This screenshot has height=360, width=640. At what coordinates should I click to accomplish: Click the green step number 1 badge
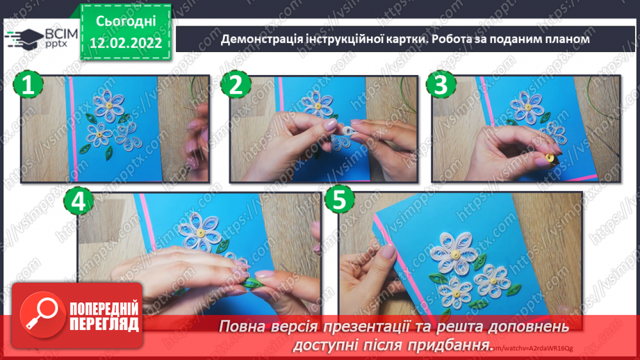tap(27, 87)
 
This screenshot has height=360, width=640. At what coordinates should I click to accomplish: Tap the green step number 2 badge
tap(236, 87)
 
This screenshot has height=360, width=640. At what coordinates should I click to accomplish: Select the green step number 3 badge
tap(440, 87)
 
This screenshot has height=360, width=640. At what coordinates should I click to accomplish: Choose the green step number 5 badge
tap(338, 202)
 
